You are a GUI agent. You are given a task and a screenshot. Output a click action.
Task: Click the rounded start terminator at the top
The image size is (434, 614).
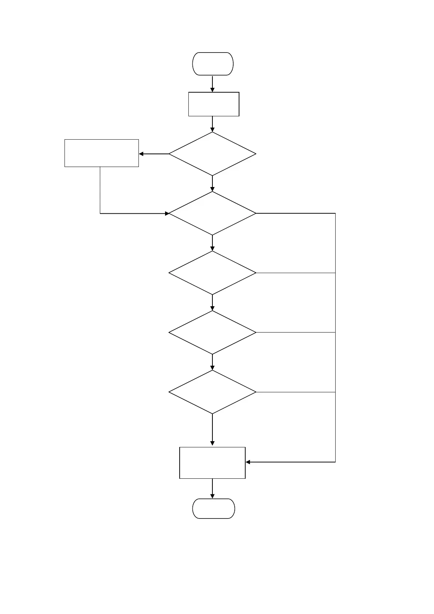pos(213,64)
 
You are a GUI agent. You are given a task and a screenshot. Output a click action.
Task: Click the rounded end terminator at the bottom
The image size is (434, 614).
pos(214,508)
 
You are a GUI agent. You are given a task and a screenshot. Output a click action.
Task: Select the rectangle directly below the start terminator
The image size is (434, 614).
pos(214,104)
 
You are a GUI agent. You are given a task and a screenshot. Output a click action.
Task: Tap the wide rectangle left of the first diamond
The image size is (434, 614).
pos(101,153)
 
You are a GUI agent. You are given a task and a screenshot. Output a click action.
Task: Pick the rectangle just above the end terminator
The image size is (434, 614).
pos(212,462)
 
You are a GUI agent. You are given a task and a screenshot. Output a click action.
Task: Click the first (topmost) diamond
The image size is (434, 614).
pos(212,154)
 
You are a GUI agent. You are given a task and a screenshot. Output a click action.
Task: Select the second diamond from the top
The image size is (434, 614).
pos(212,213)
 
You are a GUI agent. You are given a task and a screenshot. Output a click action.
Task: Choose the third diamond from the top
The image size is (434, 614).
pos(212,273)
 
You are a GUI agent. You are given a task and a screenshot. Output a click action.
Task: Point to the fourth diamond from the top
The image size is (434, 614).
pos(212,332)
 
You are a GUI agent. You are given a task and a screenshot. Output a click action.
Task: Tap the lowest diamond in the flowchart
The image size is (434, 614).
pos(212,392)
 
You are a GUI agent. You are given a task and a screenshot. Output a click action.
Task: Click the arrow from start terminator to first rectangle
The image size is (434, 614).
pos(212,83)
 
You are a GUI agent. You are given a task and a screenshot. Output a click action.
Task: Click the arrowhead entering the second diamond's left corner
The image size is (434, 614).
pos(167,213)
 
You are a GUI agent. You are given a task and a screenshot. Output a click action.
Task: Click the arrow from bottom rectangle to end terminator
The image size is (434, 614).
pos(212,489)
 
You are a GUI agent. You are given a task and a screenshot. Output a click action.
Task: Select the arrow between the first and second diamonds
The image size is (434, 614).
pos(212,183)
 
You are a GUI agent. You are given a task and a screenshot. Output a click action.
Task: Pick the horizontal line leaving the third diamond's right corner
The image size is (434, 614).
pos(295,273)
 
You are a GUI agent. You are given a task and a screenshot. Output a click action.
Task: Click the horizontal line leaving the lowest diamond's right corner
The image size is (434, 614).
pos(295,392)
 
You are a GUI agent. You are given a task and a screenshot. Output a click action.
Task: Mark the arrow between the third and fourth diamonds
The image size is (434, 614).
pos(212,302)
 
